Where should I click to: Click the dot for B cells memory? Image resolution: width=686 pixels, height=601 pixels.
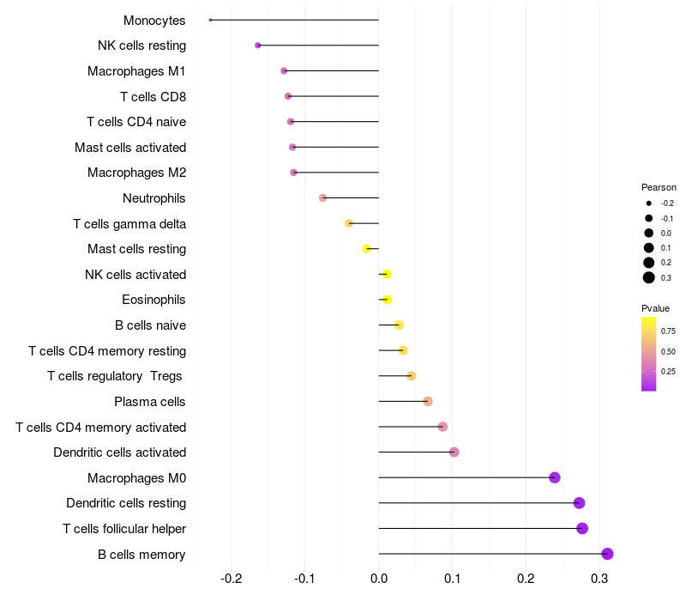[607, 554]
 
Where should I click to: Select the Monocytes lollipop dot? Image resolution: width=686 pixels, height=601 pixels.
[210, 20]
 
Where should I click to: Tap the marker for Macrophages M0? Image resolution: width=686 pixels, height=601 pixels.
[554, 477]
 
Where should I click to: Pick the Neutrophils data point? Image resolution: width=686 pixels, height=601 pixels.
[322, 197]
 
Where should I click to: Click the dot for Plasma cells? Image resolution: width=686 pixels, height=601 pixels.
[428, 401]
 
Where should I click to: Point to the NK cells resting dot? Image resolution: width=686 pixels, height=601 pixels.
[258, 46]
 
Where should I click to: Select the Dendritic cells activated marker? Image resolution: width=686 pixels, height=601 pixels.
[454, 452]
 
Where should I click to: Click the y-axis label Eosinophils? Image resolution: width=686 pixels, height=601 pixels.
[154, 300]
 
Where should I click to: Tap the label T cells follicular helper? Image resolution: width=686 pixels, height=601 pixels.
[124, 528]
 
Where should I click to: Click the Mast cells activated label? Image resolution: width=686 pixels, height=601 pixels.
[130, 148]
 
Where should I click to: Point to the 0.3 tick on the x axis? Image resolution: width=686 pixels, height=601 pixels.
[599, 579]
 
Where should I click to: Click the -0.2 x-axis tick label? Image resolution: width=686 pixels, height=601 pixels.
[232, 579]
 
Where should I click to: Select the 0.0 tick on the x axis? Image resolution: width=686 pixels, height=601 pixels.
[379, 579]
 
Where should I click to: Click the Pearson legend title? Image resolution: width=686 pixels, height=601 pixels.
[659, 187]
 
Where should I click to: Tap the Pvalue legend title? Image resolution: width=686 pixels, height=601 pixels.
[655, 308]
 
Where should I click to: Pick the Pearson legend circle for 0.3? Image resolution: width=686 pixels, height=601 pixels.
[649, 277]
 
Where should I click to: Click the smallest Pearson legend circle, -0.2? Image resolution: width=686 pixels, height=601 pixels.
[649, 203]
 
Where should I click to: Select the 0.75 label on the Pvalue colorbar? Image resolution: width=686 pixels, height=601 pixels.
[668, 331]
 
